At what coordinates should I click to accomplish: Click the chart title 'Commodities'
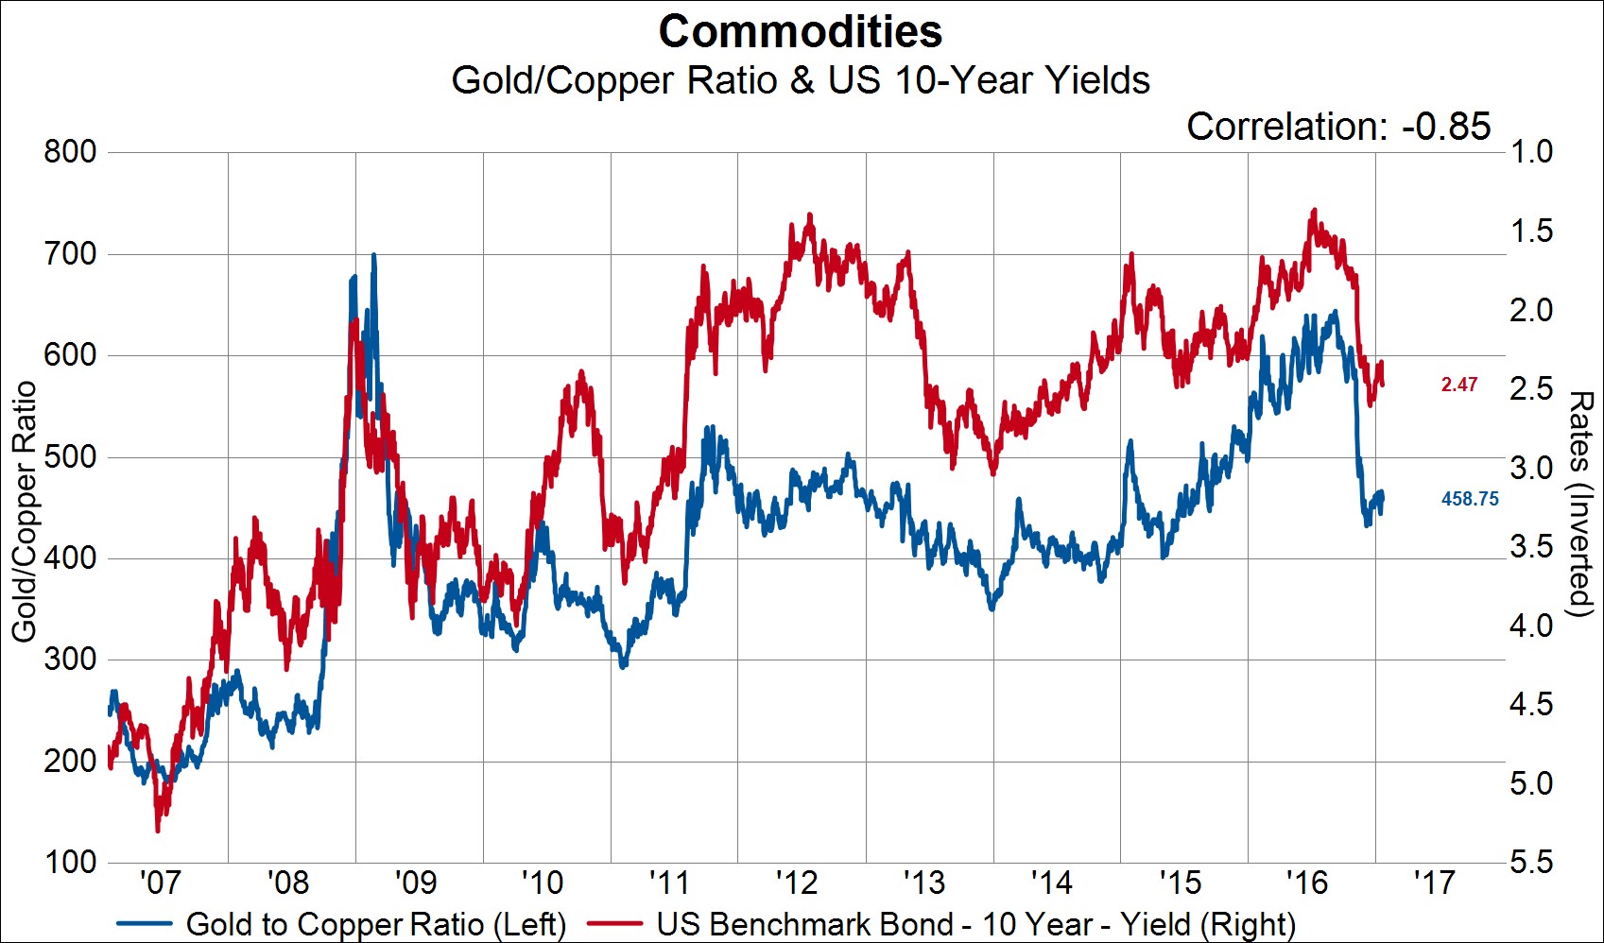pyautogui.click(x=801, y=32)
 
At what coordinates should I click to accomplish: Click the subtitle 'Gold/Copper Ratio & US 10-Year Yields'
pyautogui.click(x=801, y=80)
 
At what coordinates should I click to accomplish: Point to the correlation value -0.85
pyautogui.click(x=1446, y=127)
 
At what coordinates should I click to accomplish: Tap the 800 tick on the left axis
pyautogui.click(x=70, y=151)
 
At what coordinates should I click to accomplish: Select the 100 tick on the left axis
pyautogui.click(x=70, y=862)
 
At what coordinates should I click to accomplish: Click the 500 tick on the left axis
pyautogui.click(x=70, y=456)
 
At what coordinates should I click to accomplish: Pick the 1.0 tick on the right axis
pyautogui.click(x=1531, y=151)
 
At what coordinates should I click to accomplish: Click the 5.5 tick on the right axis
pyautogui.click(x=1531, y=862)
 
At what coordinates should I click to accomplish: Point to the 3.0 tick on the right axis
pyautogui.click(x=1531, y=468)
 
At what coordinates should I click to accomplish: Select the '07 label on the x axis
pyautogui.click(x=160, y=883)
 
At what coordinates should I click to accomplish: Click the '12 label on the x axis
pyautogui.click(x=797, y=883)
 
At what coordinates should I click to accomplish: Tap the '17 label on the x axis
pyautogui.click(x=1434, y=883)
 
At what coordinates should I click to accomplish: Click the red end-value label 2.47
pyautogui.click(x=1458, y=385)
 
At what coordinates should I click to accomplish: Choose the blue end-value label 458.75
pyautogui.click(x=1470, y=499)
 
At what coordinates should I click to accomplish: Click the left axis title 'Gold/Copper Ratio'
pyautogui.click(x=24, y=510)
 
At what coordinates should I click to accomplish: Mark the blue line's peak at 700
pyautogui.click(x=373, y=255)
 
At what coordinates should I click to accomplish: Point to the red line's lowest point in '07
pyautogui.click(x=158, y=830)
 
